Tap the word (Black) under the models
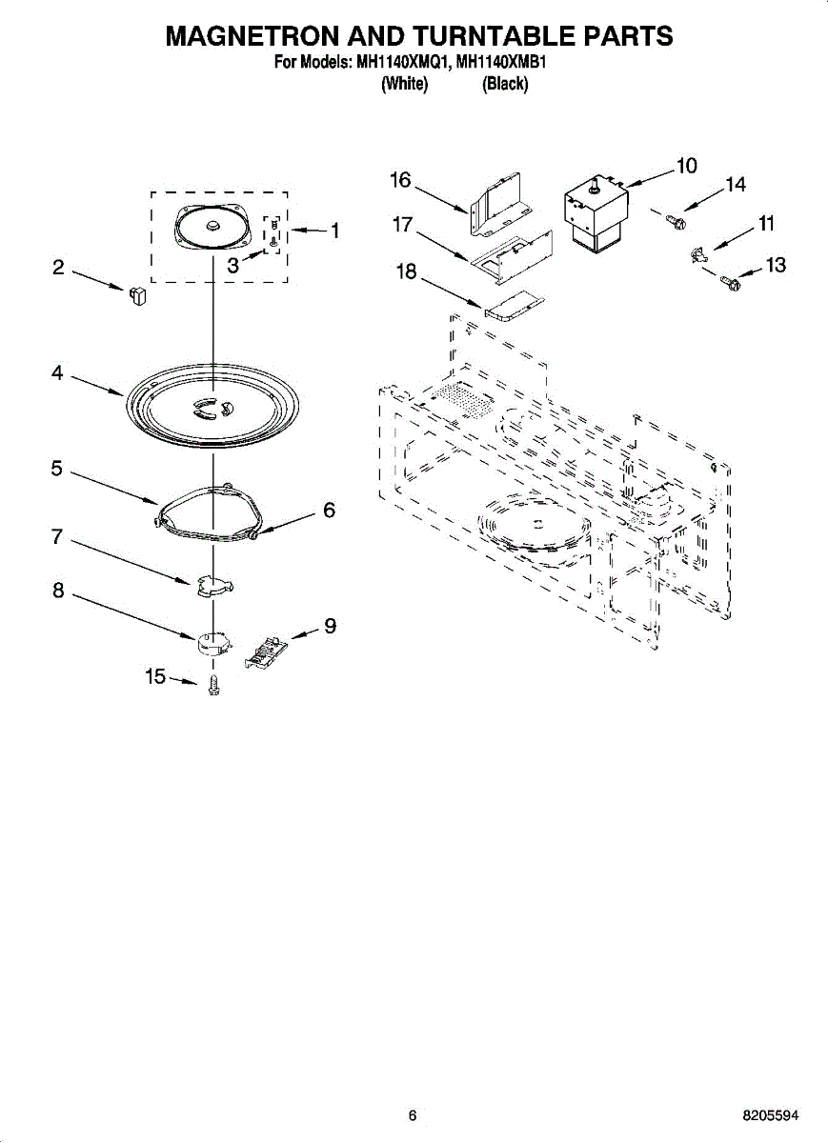pos(505,85)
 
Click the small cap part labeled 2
pos(137,292)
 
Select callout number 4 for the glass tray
pos(58,374)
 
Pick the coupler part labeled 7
pos(212,586)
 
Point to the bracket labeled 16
pos(497,205)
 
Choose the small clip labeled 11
pos(699,253)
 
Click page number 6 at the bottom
pos(412,1115)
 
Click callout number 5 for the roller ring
pos(57,469)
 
